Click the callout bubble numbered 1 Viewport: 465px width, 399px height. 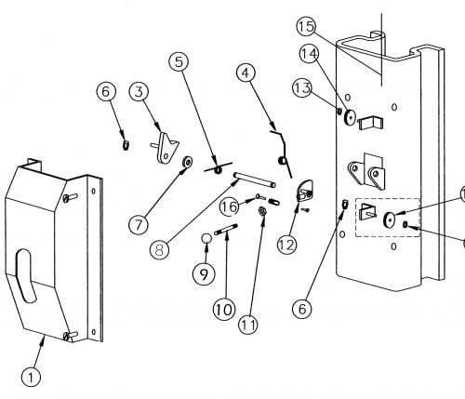[x=32, y=378]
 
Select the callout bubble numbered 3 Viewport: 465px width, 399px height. [x=139, y=92]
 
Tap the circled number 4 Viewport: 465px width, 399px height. [x=246, y=73]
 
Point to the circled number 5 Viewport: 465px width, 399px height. [x=179, y=62]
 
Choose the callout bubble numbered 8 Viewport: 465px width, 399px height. [x=159, y=249]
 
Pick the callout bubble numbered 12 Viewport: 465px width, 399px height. [x=286, y=246]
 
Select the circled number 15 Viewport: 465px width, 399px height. [x=306, y=26]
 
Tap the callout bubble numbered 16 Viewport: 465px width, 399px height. [x=230, y=207]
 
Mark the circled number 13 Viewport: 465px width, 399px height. [x=302, y=88]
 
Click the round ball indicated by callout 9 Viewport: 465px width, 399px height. [x=206, y=238]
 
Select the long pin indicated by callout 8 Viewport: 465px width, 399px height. [x=254, y=180]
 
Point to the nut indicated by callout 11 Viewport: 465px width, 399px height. [x=263, y=211]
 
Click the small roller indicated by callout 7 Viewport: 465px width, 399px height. [x=188, y=162]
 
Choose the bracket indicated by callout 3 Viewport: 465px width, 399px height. [x=165, y=148]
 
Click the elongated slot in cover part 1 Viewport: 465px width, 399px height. [x=25, y=275]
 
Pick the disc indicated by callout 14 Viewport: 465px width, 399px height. [x=350, y=117]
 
